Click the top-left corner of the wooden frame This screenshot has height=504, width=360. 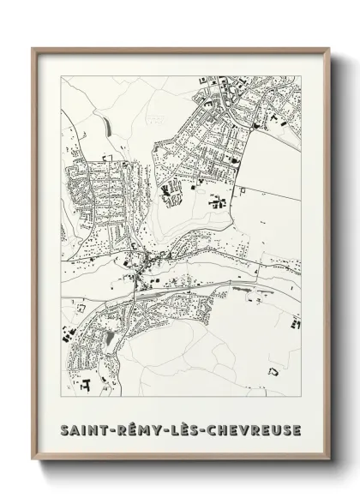click(x=33, y=48)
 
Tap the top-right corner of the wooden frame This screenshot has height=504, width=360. click(x=327, y=48)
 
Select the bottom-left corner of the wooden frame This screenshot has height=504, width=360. click(x=33, y=460)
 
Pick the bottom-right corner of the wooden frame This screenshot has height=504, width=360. click(x=327, y=460)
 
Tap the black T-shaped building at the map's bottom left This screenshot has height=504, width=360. click(x=85, y=385)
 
